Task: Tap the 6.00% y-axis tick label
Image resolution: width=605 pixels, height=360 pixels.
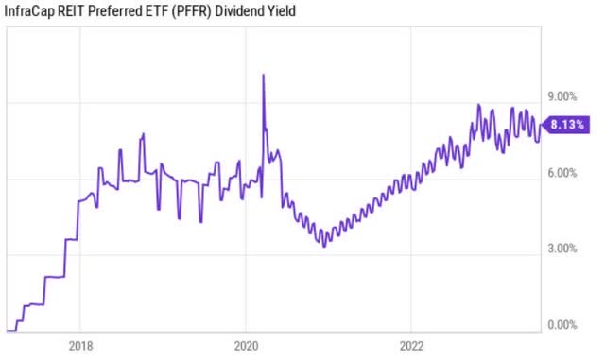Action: tap(562, 174)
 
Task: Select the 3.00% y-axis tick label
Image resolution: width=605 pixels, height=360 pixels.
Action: tap(562, 249)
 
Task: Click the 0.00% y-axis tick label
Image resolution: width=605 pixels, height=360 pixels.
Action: tap(562, 326)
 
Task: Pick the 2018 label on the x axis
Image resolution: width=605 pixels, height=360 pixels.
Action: tap(79, 345)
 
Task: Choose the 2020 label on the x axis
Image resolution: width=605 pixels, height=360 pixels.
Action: tap(245, 345)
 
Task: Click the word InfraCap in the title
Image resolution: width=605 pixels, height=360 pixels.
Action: tap(29, 11)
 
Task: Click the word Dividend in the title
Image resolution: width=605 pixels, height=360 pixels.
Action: tap(241, 11)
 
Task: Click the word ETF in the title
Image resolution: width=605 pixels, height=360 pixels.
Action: tap(159, 11)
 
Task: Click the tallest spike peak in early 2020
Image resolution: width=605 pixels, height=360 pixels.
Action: tap(263, 75)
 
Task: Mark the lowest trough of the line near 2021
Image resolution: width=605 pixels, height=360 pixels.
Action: tap(324, 246)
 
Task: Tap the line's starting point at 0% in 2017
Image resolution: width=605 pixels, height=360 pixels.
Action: tap(8, 330)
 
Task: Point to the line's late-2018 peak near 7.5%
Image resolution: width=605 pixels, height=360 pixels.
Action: tap(143, 134)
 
